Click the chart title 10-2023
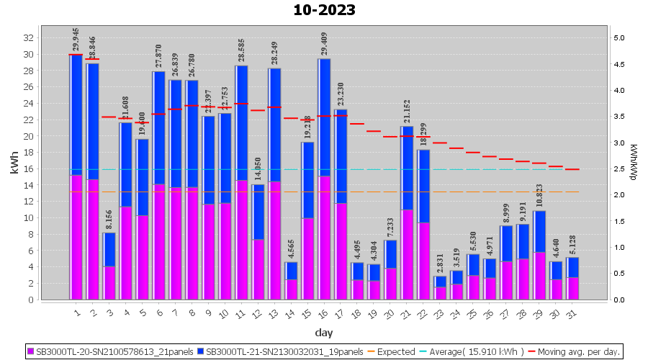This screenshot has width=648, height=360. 324,10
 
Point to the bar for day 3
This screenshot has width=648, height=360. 109,266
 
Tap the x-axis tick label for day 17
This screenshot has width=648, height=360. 341,313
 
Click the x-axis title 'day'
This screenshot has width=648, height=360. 323,332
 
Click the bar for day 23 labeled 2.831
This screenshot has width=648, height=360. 440,288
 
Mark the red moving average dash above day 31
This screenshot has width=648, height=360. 572,169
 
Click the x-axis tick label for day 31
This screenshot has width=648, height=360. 572,313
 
